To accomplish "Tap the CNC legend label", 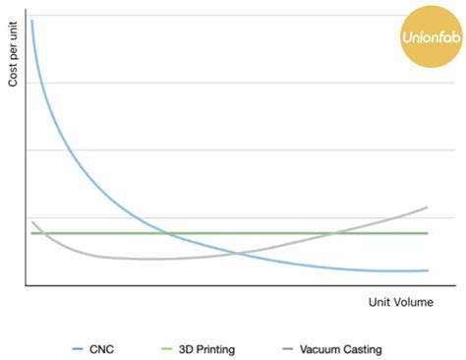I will [x=106, y=349].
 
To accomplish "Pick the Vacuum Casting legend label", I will [x=341, y=349].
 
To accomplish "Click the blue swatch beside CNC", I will [x=81, y=349].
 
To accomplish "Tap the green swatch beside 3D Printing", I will [x=165, y=349].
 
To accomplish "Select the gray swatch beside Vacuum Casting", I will [x=287, y=349].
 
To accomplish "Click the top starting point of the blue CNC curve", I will [x=31, y=21].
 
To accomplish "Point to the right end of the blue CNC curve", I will [x=428, y=270].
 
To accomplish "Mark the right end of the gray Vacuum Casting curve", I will [x=428, y=207].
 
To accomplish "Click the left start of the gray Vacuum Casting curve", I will [x=31, y=222].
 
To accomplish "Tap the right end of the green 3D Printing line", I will [x=428, y=233].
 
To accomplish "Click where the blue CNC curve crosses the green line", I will [x=167, y=233].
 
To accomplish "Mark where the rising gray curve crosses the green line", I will [x=337, y=233].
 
